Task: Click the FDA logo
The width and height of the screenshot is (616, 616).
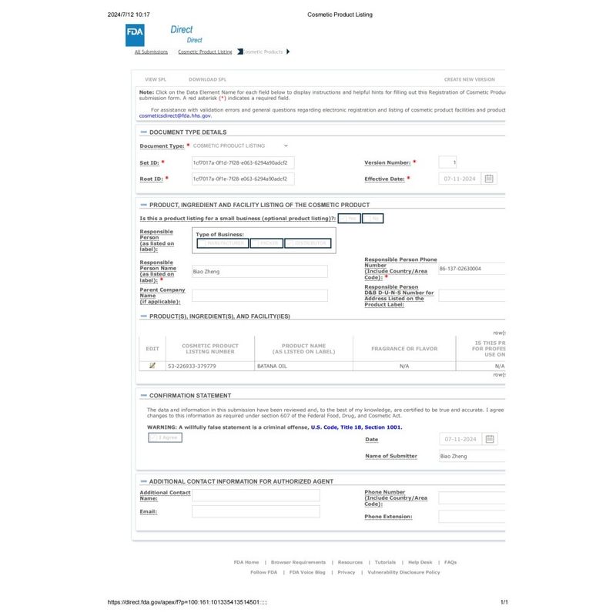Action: (x=134, y=35)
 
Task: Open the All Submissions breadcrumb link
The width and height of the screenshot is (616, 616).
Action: (x=151, y=52)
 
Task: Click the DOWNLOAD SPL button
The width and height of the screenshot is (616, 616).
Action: (x=207, y=79)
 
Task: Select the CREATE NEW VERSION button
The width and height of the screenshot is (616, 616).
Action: (x=469, y=79)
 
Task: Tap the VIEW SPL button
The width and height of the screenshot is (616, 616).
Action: (x=156, y=79)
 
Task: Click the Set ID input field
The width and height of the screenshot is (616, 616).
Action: (x=243, y=163)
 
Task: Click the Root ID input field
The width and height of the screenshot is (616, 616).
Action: (x=243, y=179)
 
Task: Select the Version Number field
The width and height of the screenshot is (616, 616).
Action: (x=447, y=162)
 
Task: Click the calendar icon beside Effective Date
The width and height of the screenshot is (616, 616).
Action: (x=490, y=179)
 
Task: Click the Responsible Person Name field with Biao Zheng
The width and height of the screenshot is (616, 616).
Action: (x=259, y=272)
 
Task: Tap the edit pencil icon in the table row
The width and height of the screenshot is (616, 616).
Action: (x=152, y=366)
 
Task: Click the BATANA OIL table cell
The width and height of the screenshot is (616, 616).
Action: (x=303, y=367)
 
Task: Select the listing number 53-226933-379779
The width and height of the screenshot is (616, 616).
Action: (x=192, y=367)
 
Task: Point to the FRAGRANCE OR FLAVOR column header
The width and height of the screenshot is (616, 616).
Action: (x=404, y=349)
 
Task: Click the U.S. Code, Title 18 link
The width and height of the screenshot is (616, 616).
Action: (x=356, y=427)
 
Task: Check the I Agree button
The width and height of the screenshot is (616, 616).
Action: (x=166, y=437)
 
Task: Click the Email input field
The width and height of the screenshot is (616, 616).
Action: (x=256, y=511)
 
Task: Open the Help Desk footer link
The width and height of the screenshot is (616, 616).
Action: (x=420, y=562)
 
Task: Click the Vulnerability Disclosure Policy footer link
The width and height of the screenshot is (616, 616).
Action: (x=403, y=572)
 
